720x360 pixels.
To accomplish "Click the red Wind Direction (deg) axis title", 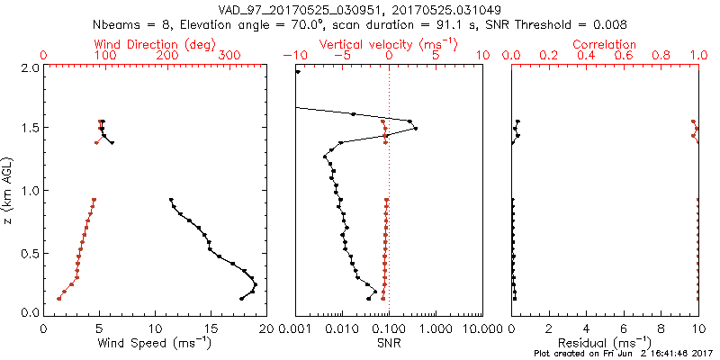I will [155, 44].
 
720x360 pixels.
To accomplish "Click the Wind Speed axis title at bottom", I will [155, 342].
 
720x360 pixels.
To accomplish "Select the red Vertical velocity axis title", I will [388, 44].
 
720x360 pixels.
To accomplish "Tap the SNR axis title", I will [389, 342].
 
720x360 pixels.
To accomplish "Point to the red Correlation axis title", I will [605, 44].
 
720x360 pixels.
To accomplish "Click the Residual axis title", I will [605, 343].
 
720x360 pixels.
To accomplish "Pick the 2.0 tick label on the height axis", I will [30, 67].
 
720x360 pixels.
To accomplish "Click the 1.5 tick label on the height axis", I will [30, 129].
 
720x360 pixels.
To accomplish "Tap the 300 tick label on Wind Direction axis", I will [229, 56].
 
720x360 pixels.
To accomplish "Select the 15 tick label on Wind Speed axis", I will [211, 328].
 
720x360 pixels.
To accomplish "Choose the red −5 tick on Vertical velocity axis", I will [340, 56].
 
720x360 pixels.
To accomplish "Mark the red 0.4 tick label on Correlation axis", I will [587, 56].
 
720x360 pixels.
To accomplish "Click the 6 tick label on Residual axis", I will [624, 328].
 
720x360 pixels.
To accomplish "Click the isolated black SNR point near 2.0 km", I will [298, 72].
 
